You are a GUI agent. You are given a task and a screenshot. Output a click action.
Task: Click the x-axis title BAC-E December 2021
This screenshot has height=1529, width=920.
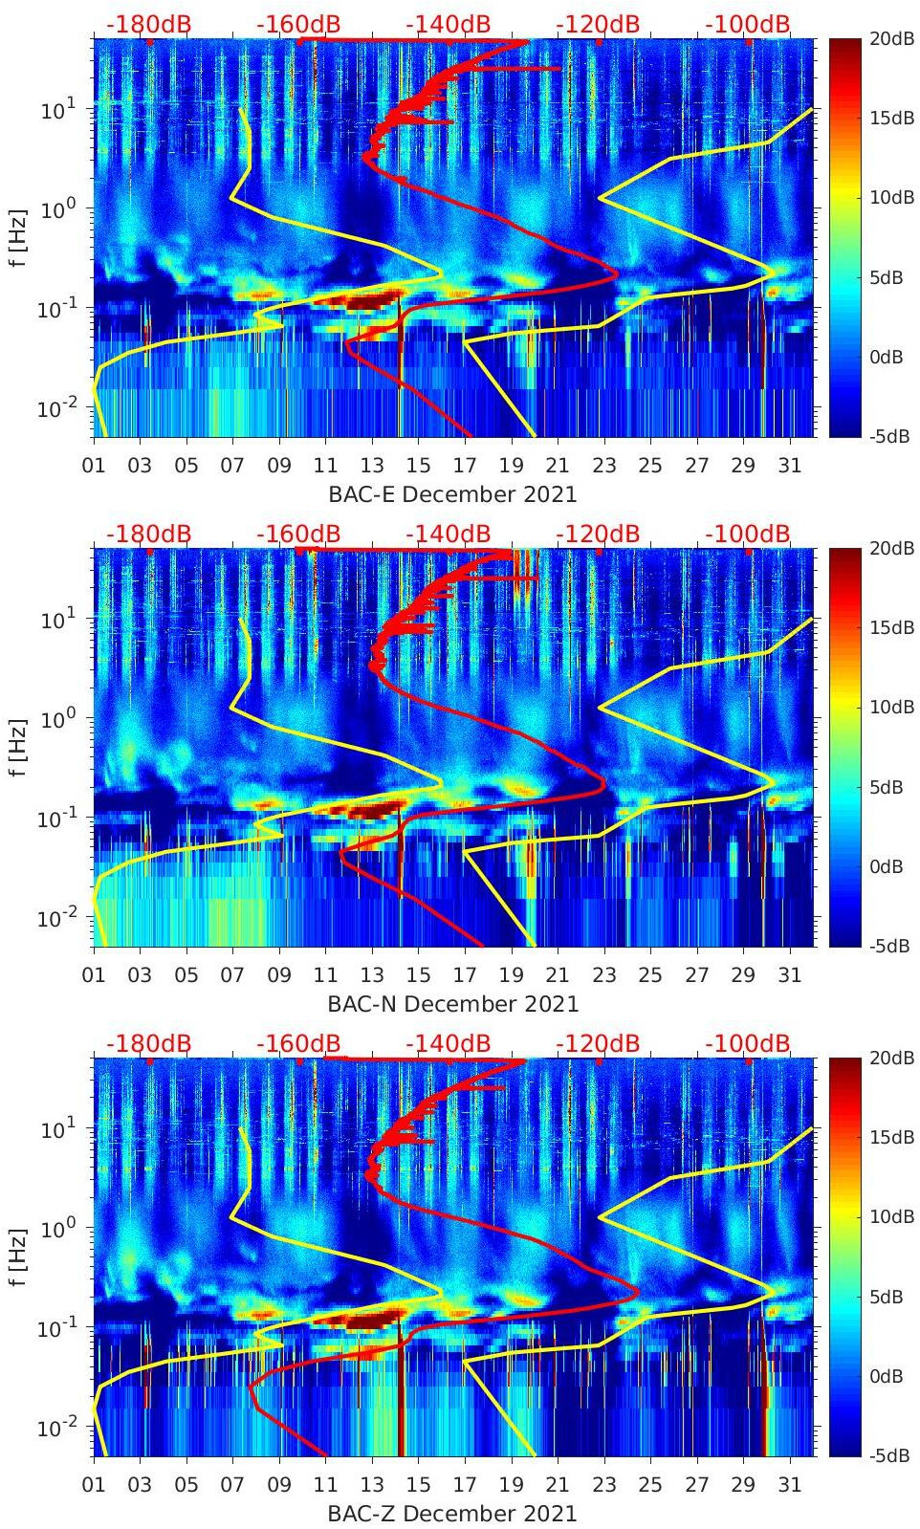tap(452, 494)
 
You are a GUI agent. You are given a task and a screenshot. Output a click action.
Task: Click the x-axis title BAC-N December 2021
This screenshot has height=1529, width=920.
tap(452, 1004)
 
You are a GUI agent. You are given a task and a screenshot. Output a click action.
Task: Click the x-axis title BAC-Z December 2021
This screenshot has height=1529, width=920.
tap(452, 1514)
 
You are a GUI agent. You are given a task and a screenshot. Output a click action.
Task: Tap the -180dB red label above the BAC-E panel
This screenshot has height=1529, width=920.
tap(148, 24)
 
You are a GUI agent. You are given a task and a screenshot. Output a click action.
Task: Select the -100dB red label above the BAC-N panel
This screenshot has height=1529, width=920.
tap(748, 534)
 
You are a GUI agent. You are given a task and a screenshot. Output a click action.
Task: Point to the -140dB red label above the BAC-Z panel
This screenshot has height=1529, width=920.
tap(448, 1043)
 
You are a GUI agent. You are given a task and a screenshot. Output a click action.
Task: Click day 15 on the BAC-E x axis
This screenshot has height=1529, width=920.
tap(418, 466)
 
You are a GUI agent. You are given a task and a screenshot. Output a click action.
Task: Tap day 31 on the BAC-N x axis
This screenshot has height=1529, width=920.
tap(789, 975)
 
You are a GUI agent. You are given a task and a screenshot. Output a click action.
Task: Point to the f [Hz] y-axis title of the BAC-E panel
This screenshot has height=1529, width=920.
tap(18, 237)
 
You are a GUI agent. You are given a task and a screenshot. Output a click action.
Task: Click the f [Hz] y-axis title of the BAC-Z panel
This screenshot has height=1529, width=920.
tap(18, 1256)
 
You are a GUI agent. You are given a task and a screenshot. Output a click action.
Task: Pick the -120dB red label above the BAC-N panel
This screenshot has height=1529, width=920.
tap(598, 534)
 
